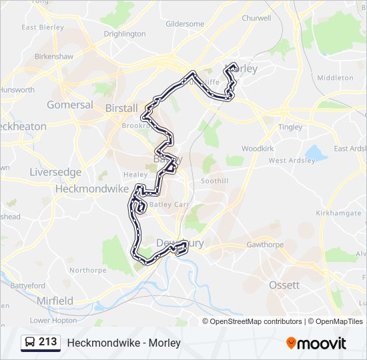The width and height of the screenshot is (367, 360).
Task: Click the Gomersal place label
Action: point(70,105)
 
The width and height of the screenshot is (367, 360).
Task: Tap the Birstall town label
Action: point(121,108)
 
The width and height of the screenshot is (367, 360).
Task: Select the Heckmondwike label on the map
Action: point(91,189)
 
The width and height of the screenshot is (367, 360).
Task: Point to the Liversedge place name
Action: point(55,172)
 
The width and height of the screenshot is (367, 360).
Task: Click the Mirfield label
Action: point(55,301)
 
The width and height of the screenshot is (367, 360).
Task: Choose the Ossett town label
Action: point(284,285)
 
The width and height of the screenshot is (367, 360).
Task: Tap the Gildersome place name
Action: point(185,24)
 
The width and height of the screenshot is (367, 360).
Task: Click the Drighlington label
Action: point(125,34)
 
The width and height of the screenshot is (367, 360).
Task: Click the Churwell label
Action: point(256,19)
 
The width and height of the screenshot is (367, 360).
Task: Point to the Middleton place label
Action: point(335,78)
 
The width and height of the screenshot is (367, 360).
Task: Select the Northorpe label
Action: point(87,270)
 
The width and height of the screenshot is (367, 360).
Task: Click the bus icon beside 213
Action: point(31,343)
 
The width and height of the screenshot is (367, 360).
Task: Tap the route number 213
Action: point(48,342)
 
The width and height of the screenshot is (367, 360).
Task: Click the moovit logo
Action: point(316,343)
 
